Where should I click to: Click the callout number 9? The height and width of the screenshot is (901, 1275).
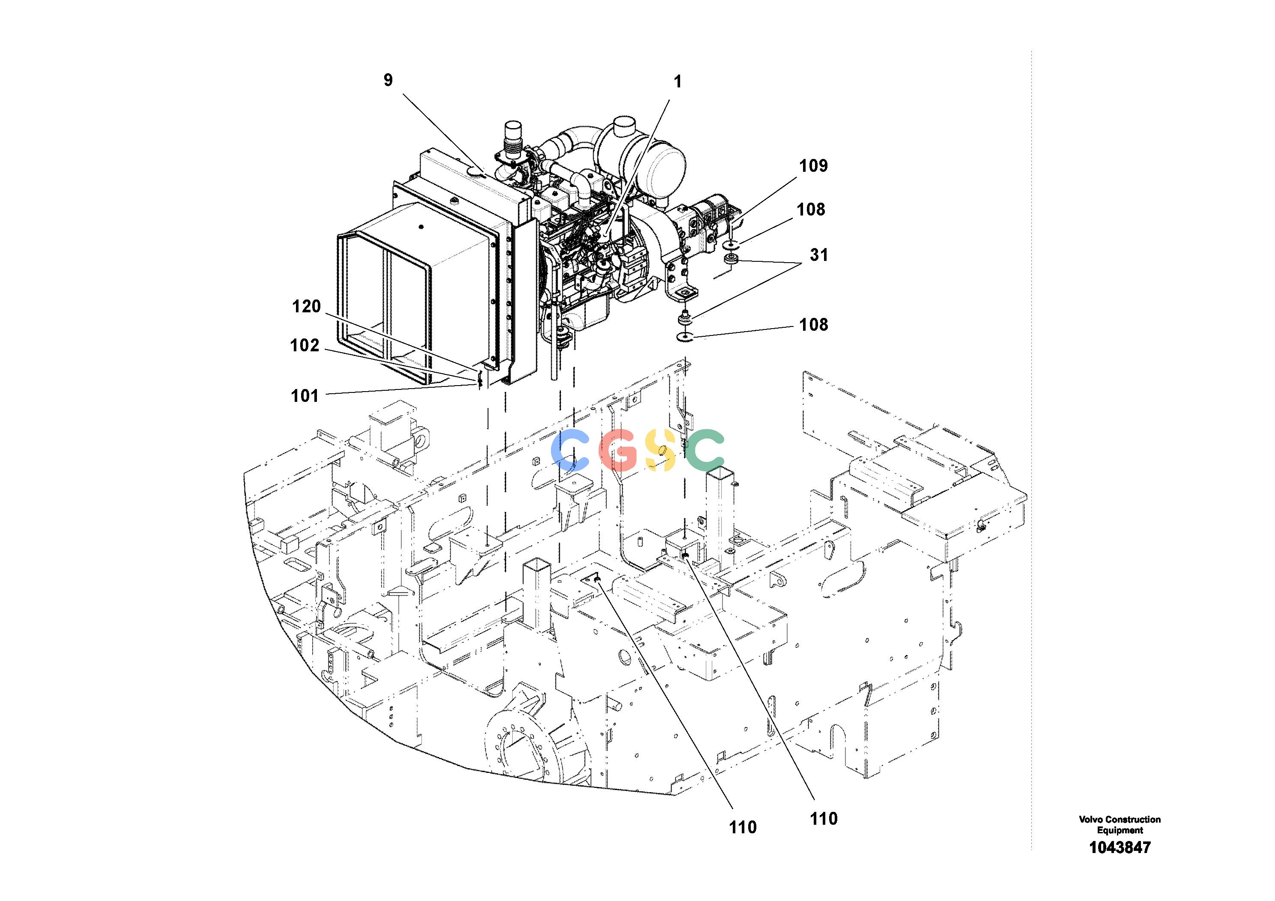tap(388, 81)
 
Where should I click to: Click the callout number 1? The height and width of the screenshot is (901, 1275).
tap(678, 82)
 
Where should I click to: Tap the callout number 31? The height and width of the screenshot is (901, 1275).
tap(818, 255)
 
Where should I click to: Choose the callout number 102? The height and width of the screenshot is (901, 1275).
tap(305, 345)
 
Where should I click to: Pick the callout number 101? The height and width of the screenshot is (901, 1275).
tap(305, 396)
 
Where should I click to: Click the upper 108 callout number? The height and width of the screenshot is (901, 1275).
tap(811, 210)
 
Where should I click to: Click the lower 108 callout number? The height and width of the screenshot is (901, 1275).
tap(814, 324)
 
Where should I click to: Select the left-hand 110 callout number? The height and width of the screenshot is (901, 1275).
tap(743, 843)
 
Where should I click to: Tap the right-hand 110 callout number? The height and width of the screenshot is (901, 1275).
tap(823, 818)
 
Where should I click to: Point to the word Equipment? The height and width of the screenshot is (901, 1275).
tap(1120, 830)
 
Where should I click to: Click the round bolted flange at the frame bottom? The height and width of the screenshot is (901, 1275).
tap(517, 747)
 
